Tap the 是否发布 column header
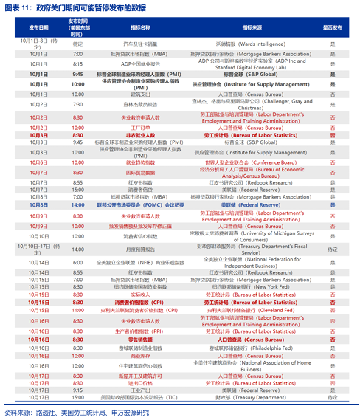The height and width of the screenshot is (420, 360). pos(333,27)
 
